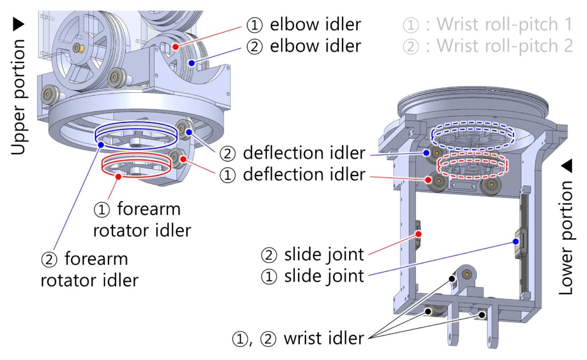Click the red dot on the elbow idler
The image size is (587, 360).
click(x=176, y=46)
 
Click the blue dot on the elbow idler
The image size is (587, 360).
click(x=192, y=63)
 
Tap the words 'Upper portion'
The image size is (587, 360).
click(x=18, y=97)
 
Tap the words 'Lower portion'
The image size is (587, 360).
click(x=566, y=237)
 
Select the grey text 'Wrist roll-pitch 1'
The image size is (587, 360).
click(x=504, y=24)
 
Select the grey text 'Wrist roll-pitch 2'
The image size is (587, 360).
click(x=505, y=46)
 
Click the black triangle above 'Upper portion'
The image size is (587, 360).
click(x=18, y=24)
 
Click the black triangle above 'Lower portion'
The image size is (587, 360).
click(x=566, y=166)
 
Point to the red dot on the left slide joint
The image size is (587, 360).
click(x=419, y=234)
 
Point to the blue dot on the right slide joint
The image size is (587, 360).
click(x=515, y=241)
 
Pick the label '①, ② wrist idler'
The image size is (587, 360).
click(x=298, y=338)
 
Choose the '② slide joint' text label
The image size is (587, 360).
click(x=312, y=254)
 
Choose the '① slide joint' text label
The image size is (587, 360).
click(x=312, y=276)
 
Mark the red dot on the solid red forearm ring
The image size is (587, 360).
click(x=118, y=177)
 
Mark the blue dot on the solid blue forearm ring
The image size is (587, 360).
click(x=101, y=145)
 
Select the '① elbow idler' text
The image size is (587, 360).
click(x=304, y=24)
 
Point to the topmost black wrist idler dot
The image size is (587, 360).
click(x=452, y=279)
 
